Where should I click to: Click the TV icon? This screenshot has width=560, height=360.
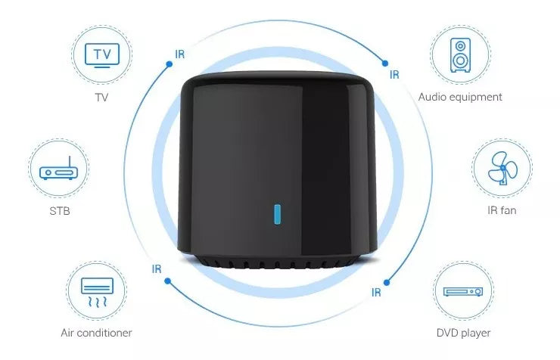[101, 54]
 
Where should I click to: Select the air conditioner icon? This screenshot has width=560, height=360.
[96, 293]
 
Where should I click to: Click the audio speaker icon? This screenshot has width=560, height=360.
[459, 55]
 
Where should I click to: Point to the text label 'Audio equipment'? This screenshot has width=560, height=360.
[460, 97]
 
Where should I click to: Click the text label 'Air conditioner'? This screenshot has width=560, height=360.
[96, 333]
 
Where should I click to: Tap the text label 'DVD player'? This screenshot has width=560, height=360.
[463, 333]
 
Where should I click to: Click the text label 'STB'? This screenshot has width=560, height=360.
[58, 210]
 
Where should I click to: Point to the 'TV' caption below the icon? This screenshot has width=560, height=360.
[101, 97]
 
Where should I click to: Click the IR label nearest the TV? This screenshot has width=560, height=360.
[179, 54]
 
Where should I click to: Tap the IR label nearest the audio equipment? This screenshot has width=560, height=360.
[394, 75]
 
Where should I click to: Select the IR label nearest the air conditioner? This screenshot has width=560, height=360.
[157, 268]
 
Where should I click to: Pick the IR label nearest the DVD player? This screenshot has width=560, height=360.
[376, 292]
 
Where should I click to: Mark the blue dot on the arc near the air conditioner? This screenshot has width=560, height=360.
[167, 281]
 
